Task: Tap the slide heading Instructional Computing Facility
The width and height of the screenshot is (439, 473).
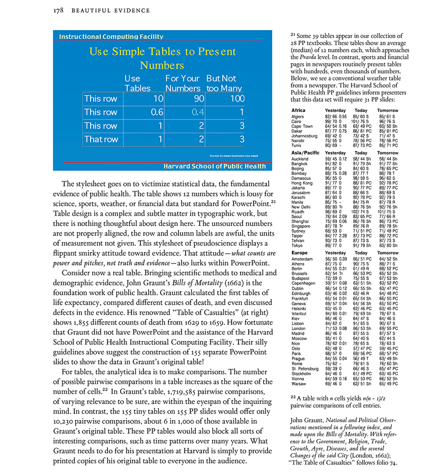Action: [111, 37]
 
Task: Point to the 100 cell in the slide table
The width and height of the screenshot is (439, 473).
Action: [237, 99]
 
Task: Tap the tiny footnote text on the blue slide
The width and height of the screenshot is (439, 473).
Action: [233, 156]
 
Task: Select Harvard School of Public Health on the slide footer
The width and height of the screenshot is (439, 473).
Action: [214, 166]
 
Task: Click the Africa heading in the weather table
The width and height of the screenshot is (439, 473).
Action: [299, 110]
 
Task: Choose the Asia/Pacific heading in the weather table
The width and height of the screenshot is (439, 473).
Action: [305, 153]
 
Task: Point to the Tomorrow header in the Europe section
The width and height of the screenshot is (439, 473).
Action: [388, 253]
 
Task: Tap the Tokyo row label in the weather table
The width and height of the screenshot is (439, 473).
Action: [298, 246]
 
